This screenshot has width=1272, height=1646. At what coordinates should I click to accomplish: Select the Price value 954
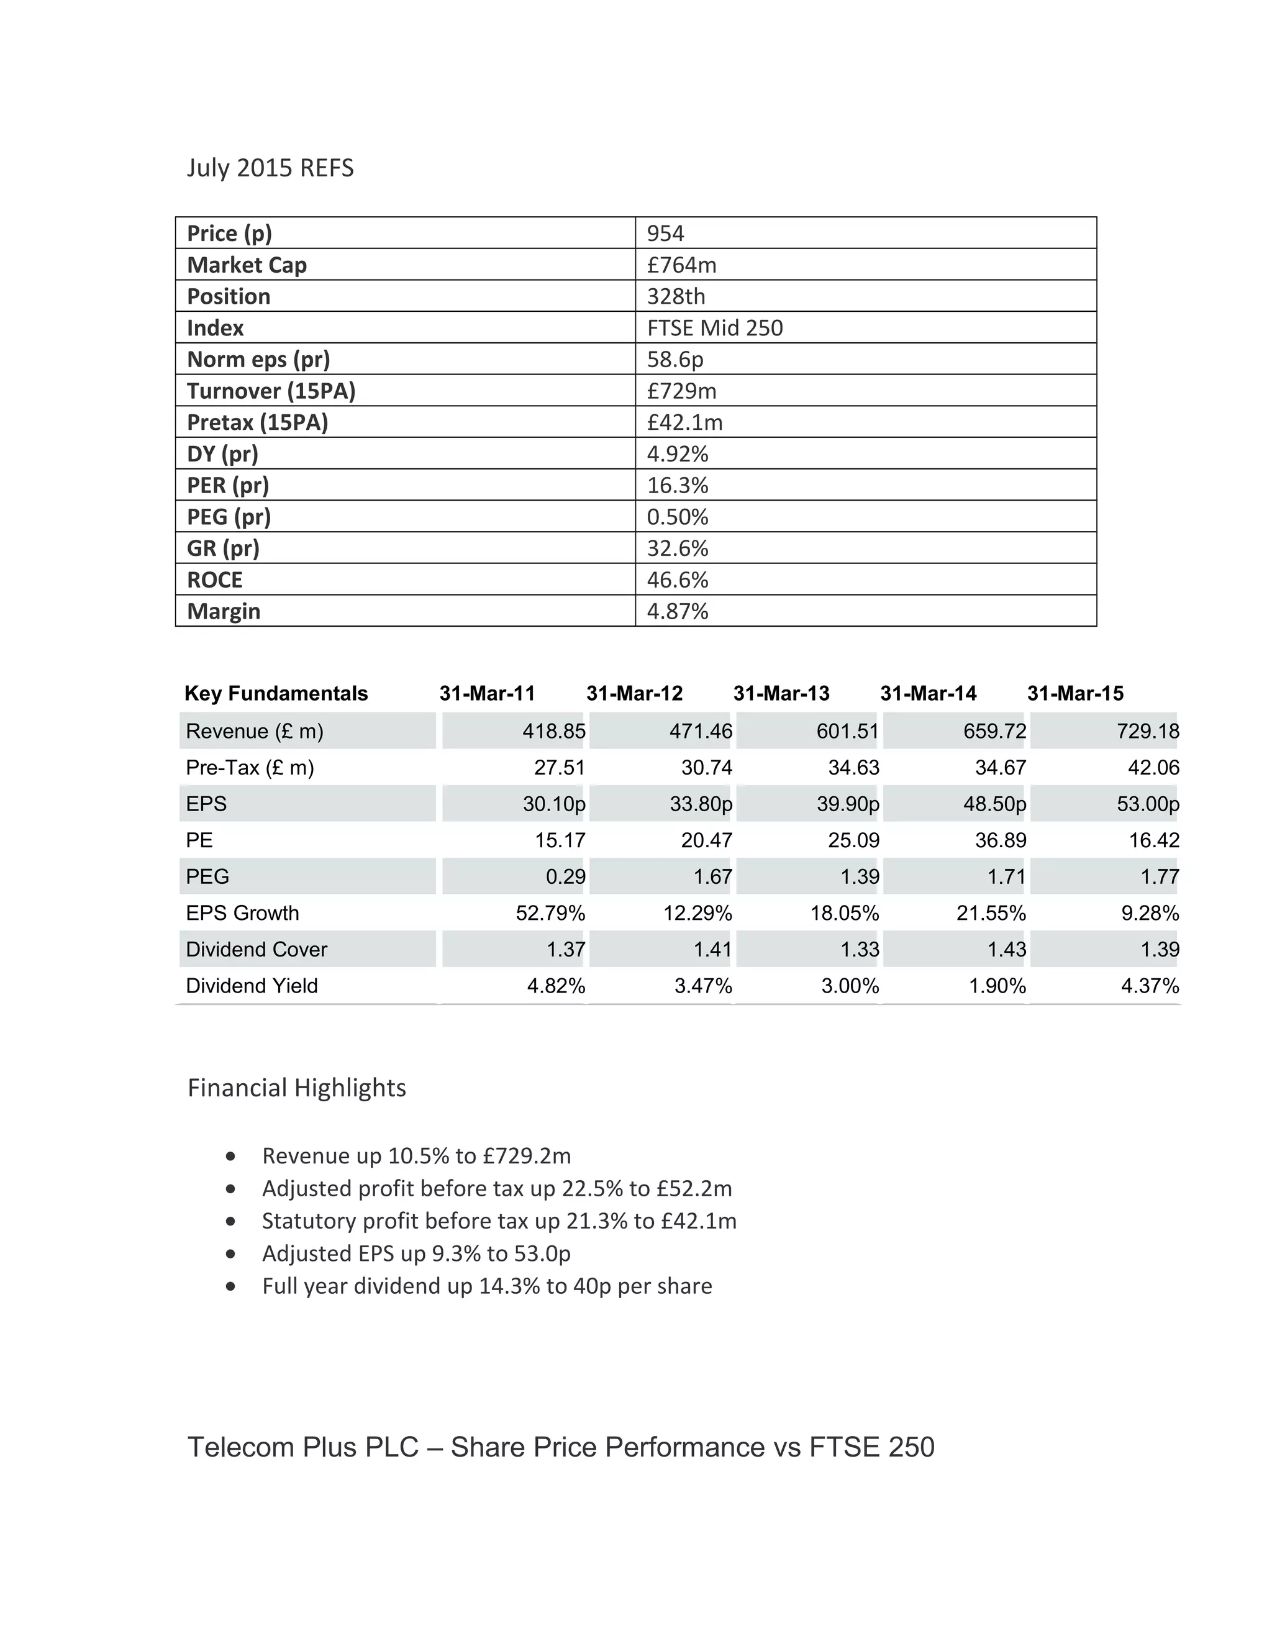click(x=665, y=233)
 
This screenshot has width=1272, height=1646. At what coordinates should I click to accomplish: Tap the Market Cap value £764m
click(x=681, y=265)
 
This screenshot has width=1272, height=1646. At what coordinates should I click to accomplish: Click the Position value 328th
click(x=676, y=296)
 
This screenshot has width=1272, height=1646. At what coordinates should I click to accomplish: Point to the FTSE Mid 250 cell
click(x=714, y=328)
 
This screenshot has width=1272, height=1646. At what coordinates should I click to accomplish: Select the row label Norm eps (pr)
click(x=258, y=360)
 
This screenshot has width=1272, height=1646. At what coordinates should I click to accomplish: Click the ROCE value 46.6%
click(x=678, y=580)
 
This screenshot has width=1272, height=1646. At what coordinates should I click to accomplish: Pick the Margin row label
click(x=224, y=611)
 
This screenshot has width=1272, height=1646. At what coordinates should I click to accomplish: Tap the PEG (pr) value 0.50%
click(x=678, y=517)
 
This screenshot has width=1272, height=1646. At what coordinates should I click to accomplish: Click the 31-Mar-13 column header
click(x=781, y=693)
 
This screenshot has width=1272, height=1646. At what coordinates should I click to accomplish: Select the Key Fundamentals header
click(x=276, y=693)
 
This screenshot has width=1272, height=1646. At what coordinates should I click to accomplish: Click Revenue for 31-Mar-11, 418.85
click(x=554, y=731)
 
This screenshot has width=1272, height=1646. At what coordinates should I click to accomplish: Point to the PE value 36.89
click(x=1001, y=840)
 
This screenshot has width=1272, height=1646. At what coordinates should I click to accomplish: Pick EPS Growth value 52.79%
click(x=550, y=914)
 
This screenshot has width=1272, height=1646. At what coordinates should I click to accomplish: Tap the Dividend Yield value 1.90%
click(x=997, y=986)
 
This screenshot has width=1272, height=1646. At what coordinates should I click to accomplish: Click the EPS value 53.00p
click(x=1148, y=804)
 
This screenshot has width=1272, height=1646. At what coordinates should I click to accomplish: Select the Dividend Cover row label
click(x=257, y=950)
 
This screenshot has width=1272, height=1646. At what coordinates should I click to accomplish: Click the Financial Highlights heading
click(x=296, y=1088)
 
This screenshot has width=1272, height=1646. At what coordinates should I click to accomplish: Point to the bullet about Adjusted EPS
click(x=416, y=1253)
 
